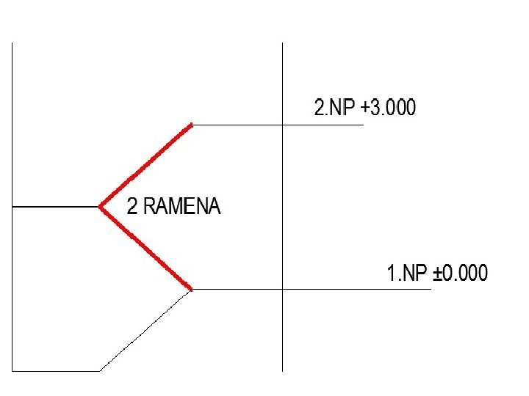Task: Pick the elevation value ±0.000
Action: pos(461,274)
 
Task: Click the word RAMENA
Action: pos(181,207)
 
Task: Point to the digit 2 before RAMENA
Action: pos(132,207)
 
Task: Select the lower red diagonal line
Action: pos(146,248)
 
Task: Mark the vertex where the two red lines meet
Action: pos(101,207)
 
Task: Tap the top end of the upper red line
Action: pos(191,125)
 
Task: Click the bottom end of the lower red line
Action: pos(191,289)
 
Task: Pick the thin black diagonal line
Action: pos(146,330)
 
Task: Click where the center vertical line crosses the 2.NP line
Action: pos(283,125)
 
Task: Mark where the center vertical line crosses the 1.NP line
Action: pos(283,289)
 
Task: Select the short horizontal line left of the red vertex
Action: pos(56,207)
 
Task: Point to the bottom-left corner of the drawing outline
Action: pos(12,371)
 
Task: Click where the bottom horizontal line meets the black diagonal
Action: pos(100,371)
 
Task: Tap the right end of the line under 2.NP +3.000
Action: pos(364,125)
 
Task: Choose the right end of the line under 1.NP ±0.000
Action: pos(431,289)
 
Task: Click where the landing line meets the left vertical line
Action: pos(12,207)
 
